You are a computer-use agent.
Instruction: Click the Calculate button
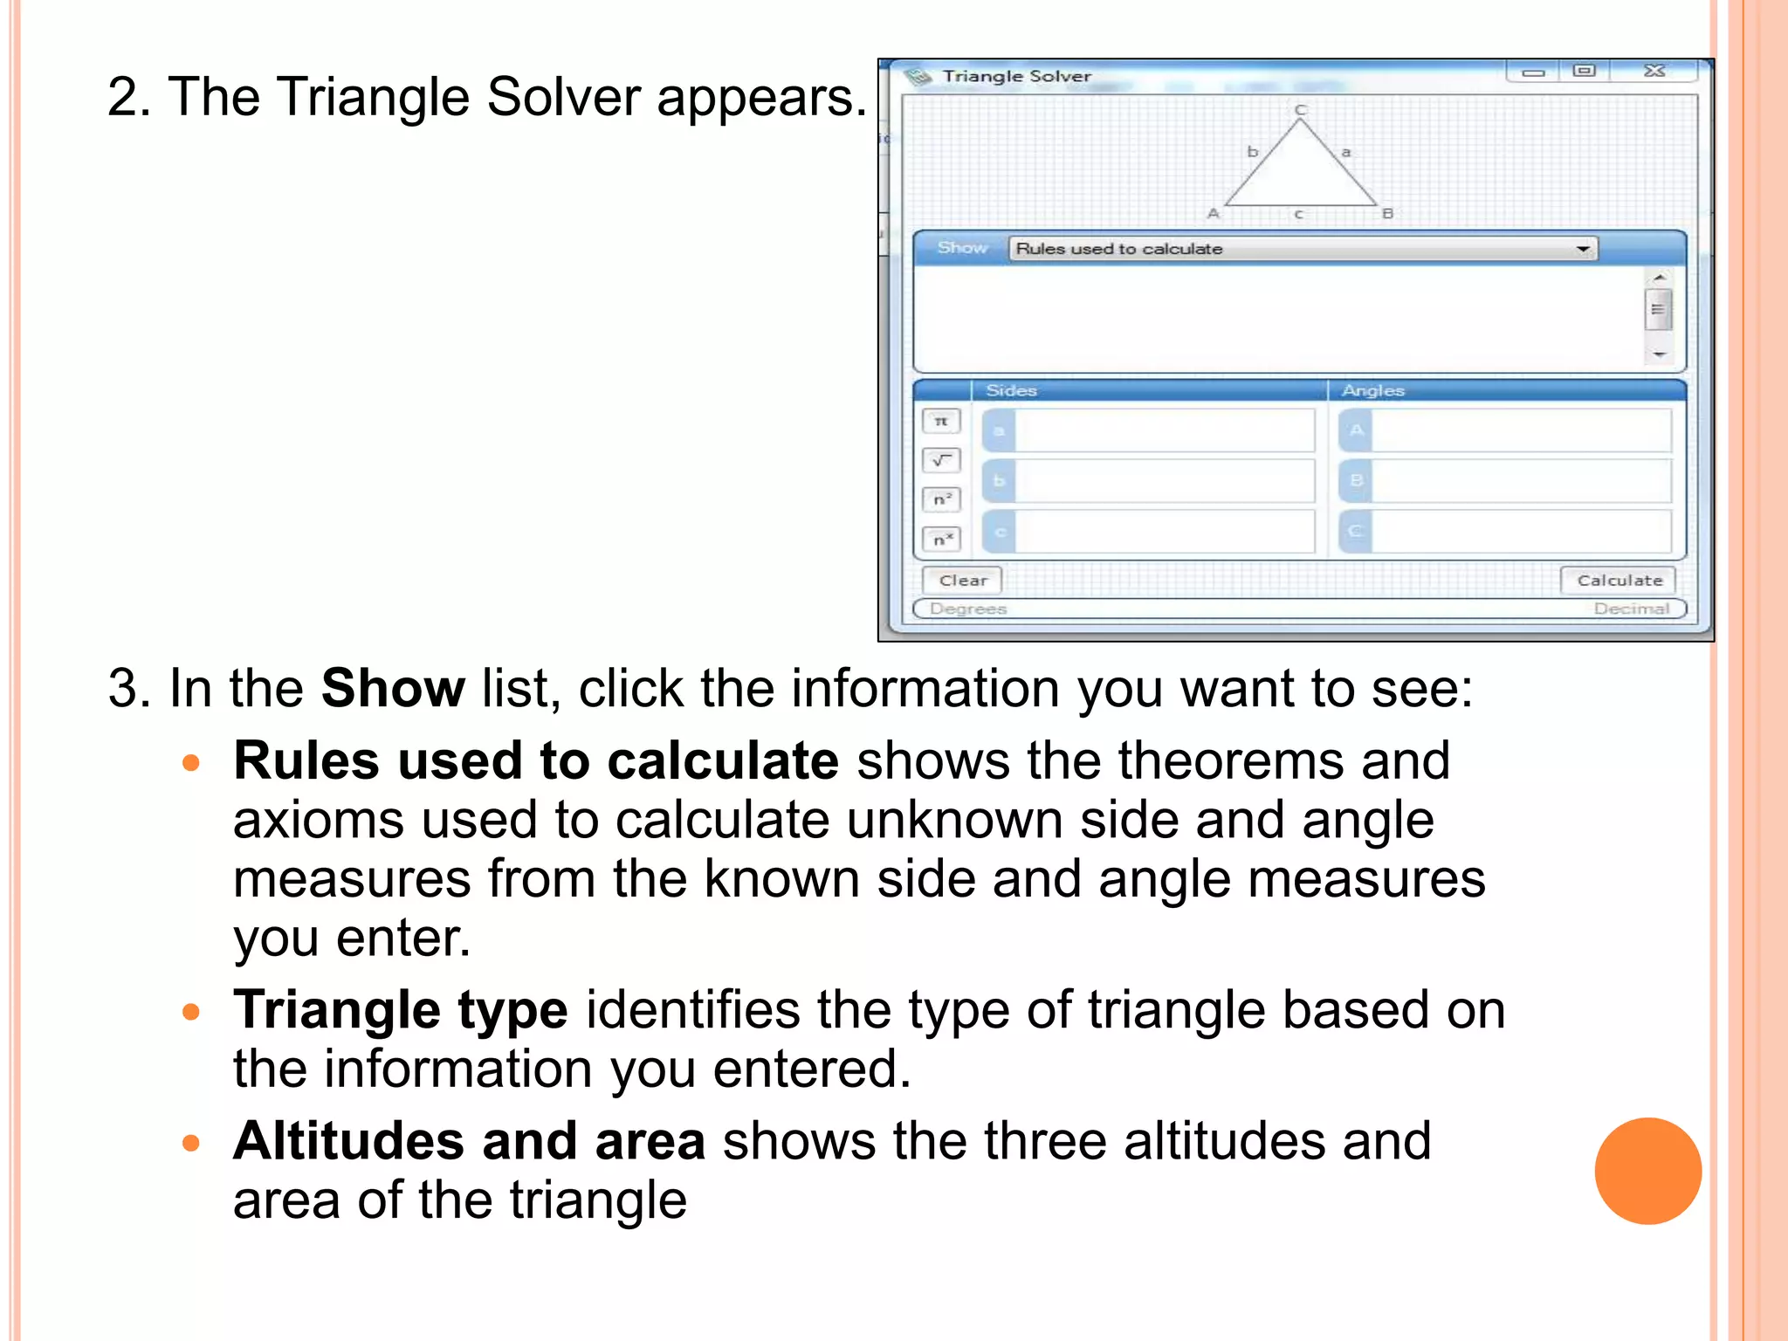[1619, 581]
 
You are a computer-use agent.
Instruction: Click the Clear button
[962, 581]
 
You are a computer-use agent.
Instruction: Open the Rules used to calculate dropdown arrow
[1583, 250]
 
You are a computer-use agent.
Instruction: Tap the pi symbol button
[941, 422]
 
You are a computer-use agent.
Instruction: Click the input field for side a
[1164, 430]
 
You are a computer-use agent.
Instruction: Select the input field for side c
[1164, 532]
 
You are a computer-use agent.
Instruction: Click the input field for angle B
[1520, 481]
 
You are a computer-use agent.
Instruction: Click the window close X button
[1654, 72]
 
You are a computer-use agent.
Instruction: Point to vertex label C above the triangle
[1300, 110]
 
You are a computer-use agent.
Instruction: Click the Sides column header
[1011, 391]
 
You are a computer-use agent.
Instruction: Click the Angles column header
[1372, 391]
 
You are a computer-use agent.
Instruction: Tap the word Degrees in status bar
[968, 609]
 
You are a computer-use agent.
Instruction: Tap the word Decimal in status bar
[1631, 609]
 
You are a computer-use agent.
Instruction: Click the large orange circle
[1647, 1171]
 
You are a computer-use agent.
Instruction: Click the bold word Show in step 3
[393, 689]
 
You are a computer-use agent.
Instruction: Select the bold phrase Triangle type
[401, 1010]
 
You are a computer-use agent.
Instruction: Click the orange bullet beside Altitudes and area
[191, 1143]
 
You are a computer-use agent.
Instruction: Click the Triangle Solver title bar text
[1016, 77]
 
